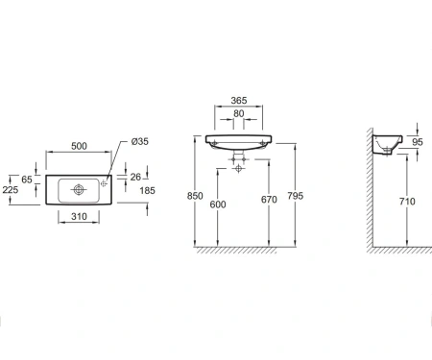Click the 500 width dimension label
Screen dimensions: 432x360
pos(79,146)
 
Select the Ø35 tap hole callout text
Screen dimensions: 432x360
pos(140,141)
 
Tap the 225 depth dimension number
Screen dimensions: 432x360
pos(11,190)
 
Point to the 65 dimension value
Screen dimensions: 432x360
pos(27,180)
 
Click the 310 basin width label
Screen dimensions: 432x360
pos(79,217)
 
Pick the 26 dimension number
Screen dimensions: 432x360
pos(135,177)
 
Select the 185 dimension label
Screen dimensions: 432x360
pos(147,191)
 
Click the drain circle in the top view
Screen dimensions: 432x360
pos(79,190)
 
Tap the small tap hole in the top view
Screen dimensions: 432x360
pos(104,183)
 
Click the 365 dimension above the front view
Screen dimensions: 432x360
pos(239,101)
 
